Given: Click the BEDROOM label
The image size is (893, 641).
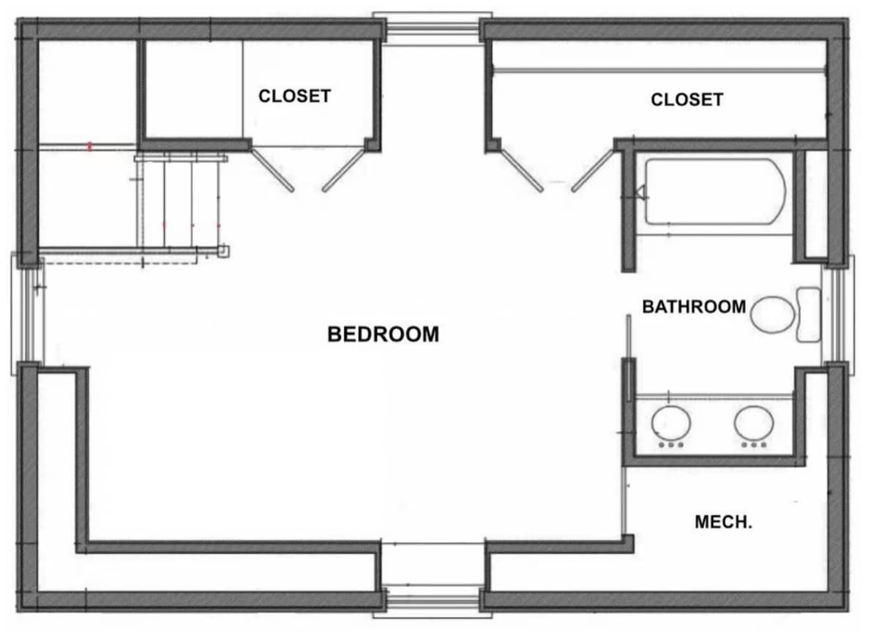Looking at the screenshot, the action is (x=383, y=334).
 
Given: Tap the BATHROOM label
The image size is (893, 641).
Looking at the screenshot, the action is (x=694, y=307).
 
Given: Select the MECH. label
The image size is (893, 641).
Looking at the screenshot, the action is (x=723, y=522).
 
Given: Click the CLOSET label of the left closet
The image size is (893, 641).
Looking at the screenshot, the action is (x=294, y=96).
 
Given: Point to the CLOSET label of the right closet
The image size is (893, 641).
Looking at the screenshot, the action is (x=687, y=100).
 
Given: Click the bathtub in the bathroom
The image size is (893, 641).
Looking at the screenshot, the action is (x=716, y=192).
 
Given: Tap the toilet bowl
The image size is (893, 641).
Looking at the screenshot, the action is (x=771, y=315).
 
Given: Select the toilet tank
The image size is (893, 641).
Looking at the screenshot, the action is (x=808, y=315).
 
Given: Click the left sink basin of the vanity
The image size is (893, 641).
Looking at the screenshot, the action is (x=671, y=423).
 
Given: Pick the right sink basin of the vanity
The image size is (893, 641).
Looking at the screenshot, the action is (x=754, y=423).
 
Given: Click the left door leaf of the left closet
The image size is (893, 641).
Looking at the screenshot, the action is (x=273, y=170).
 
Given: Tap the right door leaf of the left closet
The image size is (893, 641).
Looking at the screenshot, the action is (x=343, y=170).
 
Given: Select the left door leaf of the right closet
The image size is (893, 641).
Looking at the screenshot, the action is (x=522, y=170).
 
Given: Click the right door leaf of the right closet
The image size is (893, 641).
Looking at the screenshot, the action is (x=593, y=170).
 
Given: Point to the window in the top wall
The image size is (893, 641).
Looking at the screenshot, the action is (x=433, y=29).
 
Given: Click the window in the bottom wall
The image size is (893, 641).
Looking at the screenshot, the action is (x=433, y=601).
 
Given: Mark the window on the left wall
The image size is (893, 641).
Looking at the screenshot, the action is (x=28, y=315).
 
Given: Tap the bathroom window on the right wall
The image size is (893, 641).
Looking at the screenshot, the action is (x=837, y=315).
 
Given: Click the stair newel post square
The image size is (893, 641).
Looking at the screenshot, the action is (x=224, y=251).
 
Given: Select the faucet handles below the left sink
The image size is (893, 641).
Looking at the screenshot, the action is (x=671, y=445).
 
